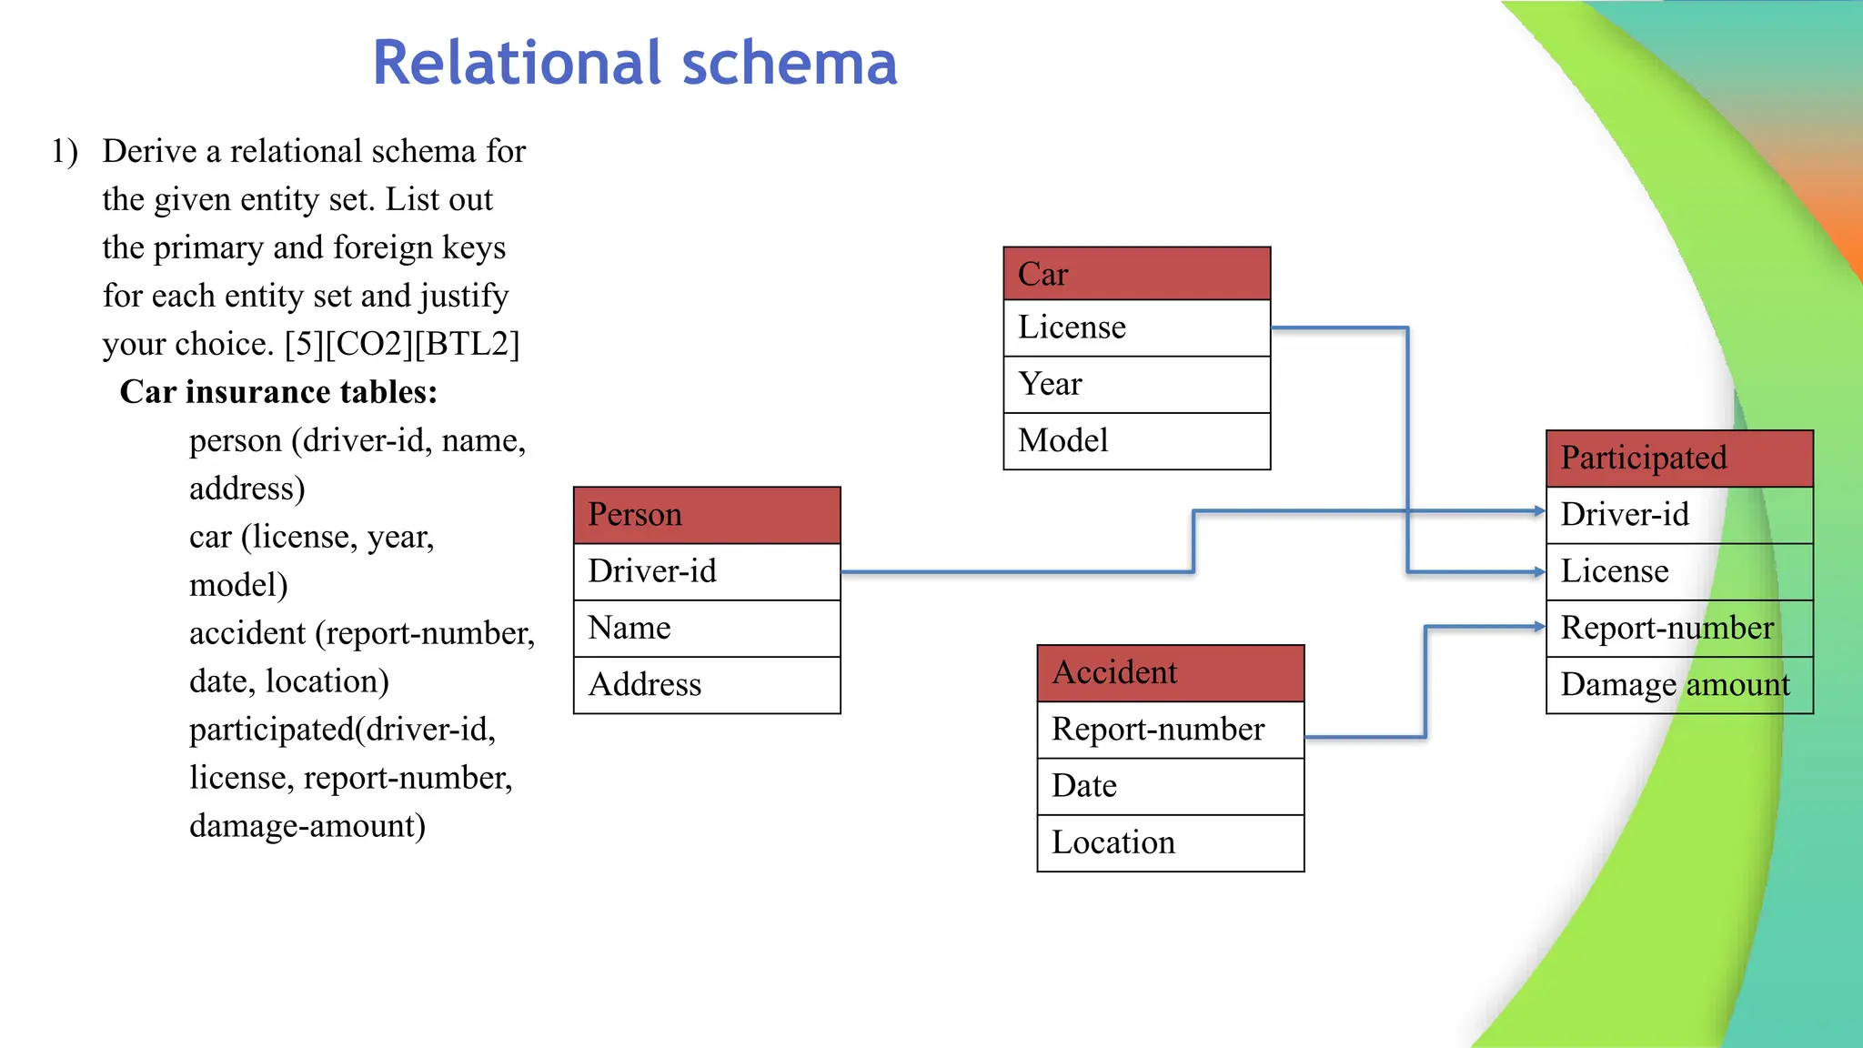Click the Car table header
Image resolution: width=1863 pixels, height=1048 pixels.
1136,274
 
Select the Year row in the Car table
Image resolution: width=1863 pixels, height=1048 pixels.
1136,384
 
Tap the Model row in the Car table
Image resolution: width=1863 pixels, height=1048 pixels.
1136,441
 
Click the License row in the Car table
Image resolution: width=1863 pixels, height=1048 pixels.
1136,327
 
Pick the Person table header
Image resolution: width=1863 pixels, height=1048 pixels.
707,515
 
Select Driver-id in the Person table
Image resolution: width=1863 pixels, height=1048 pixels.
707,571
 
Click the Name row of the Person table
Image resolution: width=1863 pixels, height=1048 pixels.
707,628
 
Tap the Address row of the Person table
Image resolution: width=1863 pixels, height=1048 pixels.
707,685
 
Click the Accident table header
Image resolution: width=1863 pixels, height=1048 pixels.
1170,673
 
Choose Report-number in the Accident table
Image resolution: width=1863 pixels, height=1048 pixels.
1170,730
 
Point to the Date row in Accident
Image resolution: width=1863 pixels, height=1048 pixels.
1170,786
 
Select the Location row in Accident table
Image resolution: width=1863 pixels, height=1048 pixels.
1170,843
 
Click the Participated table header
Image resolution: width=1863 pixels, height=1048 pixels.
1679,458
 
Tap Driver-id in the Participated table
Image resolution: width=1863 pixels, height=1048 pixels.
1679,515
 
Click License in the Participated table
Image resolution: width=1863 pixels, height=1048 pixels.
1679,571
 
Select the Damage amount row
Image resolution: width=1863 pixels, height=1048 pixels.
1679,685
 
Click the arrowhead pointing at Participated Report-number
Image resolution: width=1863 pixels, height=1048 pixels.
1539,627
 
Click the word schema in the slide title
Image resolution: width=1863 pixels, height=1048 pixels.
789,63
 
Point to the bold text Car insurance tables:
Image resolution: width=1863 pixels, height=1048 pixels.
278,392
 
